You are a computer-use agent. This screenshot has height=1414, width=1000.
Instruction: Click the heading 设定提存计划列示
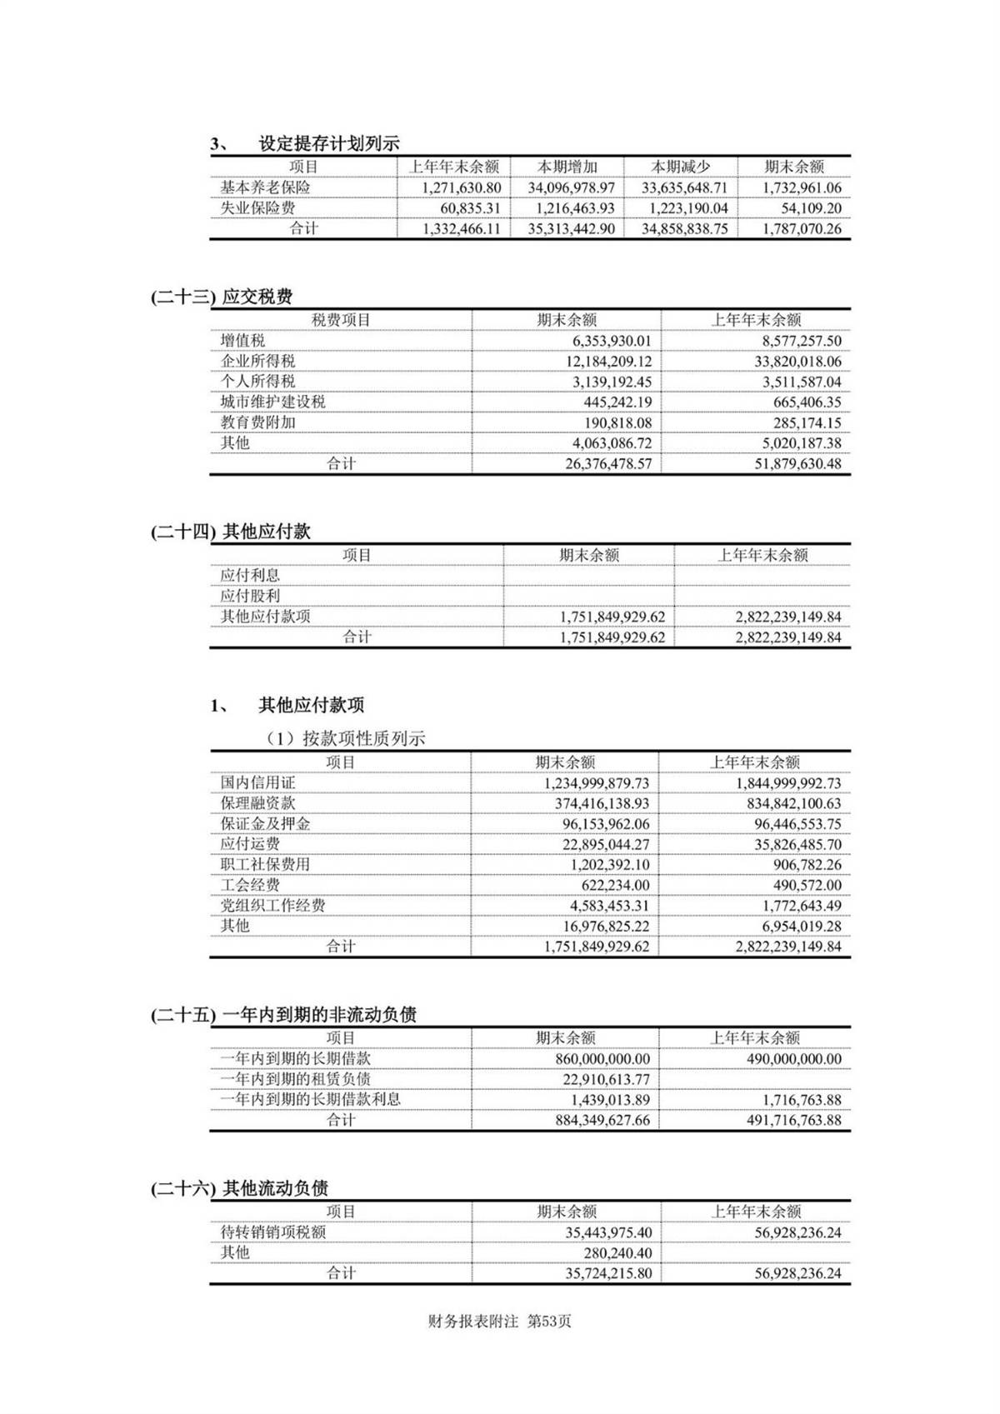[328, 143]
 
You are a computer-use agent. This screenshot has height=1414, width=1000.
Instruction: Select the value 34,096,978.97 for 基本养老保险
[571, 188]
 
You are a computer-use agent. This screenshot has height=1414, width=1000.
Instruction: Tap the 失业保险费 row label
[257, 208]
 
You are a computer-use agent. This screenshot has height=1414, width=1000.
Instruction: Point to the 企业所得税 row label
[257, 361]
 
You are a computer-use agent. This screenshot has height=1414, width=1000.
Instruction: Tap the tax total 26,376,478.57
[608, 464]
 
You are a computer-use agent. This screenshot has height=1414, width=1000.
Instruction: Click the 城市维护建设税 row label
[272, 402]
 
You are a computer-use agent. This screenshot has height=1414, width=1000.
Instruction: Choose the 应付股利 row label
[250, 596]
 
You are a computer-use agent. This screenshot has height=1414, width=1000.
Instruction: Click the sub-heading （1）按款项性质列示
[346, 738]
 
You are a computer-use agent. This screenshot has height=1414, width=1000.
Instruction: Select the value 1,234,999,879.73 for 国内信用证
[596, 783]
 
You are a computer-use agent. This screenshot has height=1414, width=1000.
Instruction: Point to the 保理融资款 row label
[257, 803]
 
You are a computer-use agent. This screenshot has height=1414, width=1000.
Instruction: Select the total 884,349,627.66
[602, 1121]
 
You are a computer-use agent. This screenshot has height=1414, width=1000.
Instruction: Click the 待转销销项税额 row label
[272, 1232]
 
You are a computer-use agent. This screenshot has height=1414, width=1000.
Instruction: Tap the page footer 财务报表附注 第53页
[499, 1322]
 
